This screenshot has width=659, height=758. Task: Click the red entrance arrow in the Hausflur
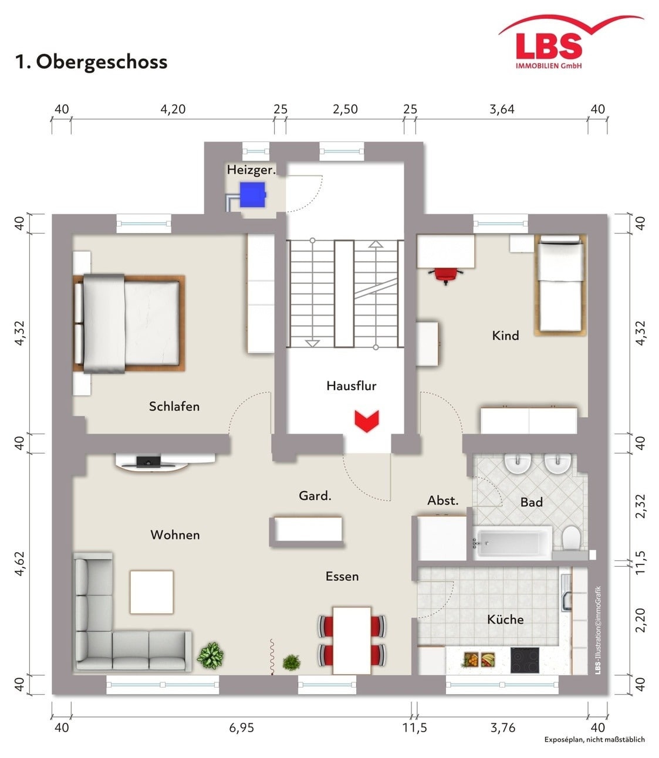coord(366,421)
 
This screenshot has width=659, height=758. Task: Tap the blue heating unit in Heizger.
coord(252,195)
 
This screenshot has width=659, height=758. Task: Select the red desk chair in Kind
coord(445,276)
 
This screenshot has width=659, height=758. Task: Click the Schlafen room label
coord(174,407)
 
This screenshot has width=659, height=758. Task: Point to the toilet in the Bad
coord(570,539)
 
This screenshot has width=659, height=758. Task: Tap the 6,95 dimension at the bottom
coord(242,727)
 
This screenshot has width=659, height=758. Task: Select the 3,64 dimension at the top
coord(502,109)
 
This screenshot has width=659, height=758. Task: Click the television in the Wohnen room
coord(148,462)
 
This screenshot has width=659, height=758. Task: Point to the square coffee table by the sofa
coord(151,592)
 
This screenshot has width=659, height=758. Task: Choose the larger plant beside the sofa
coord(211,655)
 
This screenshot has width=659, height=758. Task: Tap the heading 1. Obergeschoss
coord(91,62)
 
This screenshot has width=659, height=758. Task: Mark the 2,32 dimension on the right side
coord(640,506)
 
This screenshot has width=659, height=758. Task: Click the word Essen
coord(342,577)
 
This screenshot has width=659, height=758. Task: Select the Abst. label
coord(442,501)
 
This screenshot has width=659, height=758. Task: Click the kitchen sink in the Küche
coord(566,593)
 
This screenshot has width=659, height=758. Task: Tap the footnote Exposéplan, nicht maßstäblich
coord(594,739)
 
